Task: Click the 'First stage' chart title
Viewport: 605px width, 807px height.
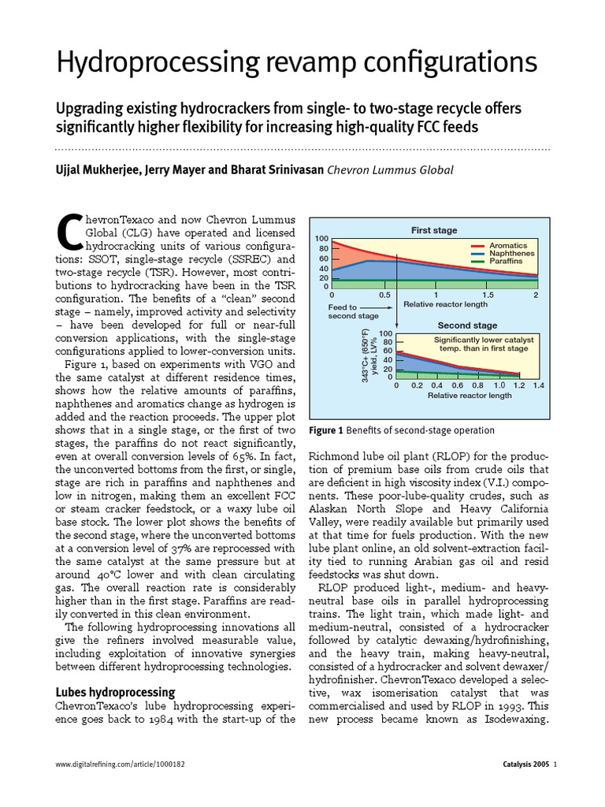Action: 433,230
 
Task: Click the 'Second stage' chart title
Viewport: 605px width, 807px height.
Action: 467,325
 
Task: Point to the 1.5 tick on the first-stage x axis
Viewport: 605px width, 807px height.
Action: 488,295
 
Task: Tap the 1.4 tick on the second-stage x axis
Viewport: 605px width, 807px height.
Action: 538,386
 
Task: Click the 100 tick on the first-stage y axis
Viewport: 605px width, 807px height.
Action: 321,239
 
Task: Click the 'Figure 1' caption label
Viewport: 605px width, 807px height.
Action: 328,430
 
